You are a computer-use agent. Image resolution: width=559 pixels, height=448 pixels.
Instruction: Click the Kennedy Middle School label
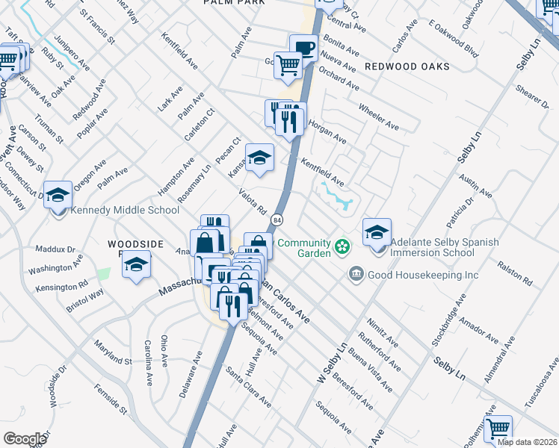click(x=125, y=211)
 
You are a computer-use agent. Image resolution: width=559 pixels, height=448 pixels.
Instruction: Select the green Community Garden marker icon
click(x=342, y=246)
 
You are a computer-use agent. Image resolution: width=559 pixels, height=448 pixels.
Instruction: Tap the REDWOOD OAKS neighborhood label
click(x=407, y=66)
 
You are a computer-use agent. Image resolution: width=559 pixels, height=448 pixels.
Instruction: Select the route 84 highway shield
click(x=277, y=220)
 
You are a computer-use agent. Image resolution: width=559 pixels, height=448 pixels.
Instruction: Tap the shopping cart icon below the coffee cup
click(x=288, y=65)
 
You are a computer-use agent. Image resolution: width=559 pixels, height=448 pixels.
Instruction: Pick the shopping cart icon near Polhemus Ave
click(x=498, y=429)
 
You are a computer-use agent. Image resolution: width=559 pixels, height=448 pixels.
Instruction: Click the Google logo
click(x=25, y=439)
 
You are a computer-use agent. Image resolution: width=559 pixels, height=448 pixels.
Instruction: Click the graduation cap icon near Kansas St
click(x=259, y=158)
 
